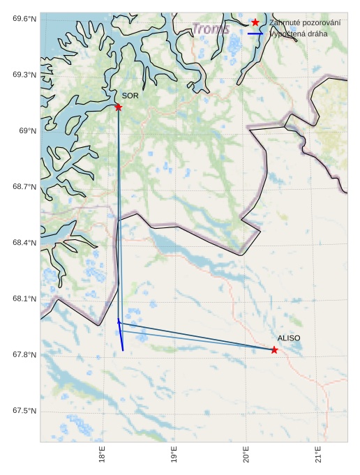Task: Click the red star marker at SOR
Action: coord(118,107)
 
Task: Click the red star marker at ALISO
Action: coord(274,349)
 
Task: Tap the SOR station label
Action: coord(130,96)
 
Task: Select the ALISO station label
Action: coord(289,338)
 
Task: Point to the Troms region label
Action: coord(211,29)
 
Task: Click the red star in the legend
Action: coord(255,22)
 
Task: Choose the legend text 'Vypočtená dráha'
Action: coord(301,33)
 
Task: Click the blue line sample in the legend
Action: coord(255,33)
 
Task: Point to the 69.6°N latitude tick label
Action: coord(24,18)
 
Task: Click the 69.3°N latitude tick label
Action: coord(24,75)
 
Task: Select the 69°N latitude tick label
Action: coord(27,130)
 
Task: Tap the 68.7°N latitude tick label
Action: coord(24,187)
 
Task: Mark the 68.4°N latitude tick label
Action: coord(24,243)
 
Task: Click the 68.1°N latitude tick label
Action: coord(24,299)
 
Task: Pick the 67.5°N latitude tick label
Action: coord(24,411)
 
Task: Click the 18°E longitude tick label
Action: coord(102,454)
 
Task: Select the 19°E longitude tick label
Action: coord(174,454)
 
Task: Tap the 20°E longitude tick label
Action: coord(246,454)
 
